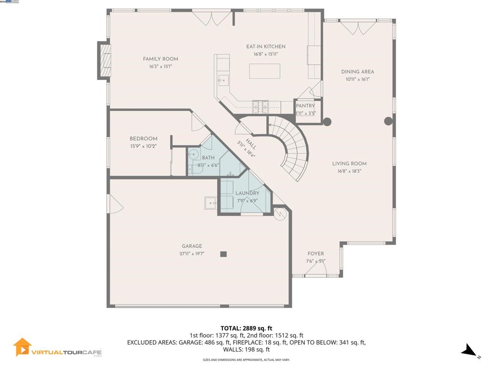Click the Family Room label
(160, 59)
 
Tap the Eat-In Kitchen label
(266, 47)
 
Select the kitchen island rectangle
(264, 71)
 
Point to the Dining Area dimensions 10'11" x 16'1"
(357, 79)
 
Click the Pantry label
(305, 106)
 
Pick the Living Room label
(349, 164)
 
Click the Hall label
(251, 144)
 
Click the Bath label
(208, 158)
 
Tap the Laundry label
(247, 193)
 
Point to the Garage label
(192, 246)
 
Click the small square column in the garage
(223, 254)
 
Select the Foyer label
(316, 254)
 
